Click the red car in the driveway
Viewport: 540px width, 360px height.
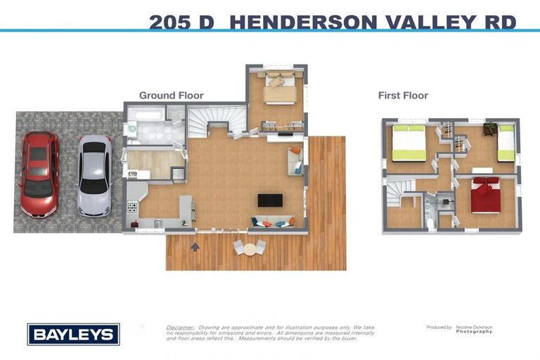39,173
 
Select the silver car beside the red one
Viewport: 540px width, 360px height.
94,175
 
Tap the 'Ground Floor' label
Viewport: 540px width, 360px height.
171,96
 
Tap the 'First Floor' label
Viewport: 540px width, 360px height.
403,96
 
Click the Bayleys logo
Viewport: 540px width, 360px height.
73,334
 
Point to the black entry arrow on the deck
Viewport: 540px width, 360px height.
195,246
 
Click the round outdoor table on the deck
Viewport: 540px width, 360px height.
249,247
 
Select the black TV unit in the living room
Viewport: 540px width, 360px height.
269,200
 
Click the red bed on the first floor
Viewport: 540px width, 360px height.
484,195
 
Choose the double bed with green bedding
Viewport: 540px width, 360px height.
408,143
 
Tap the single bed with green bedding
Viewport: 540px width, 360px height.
506,142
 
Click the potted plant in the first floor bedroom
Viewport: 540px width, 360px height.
489,127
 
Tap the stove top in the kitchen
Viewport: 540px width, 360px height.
132,207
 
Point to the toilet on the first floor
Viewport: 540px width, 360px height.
430,222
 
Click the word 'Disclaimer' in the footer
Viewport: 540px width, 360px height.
180,327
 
